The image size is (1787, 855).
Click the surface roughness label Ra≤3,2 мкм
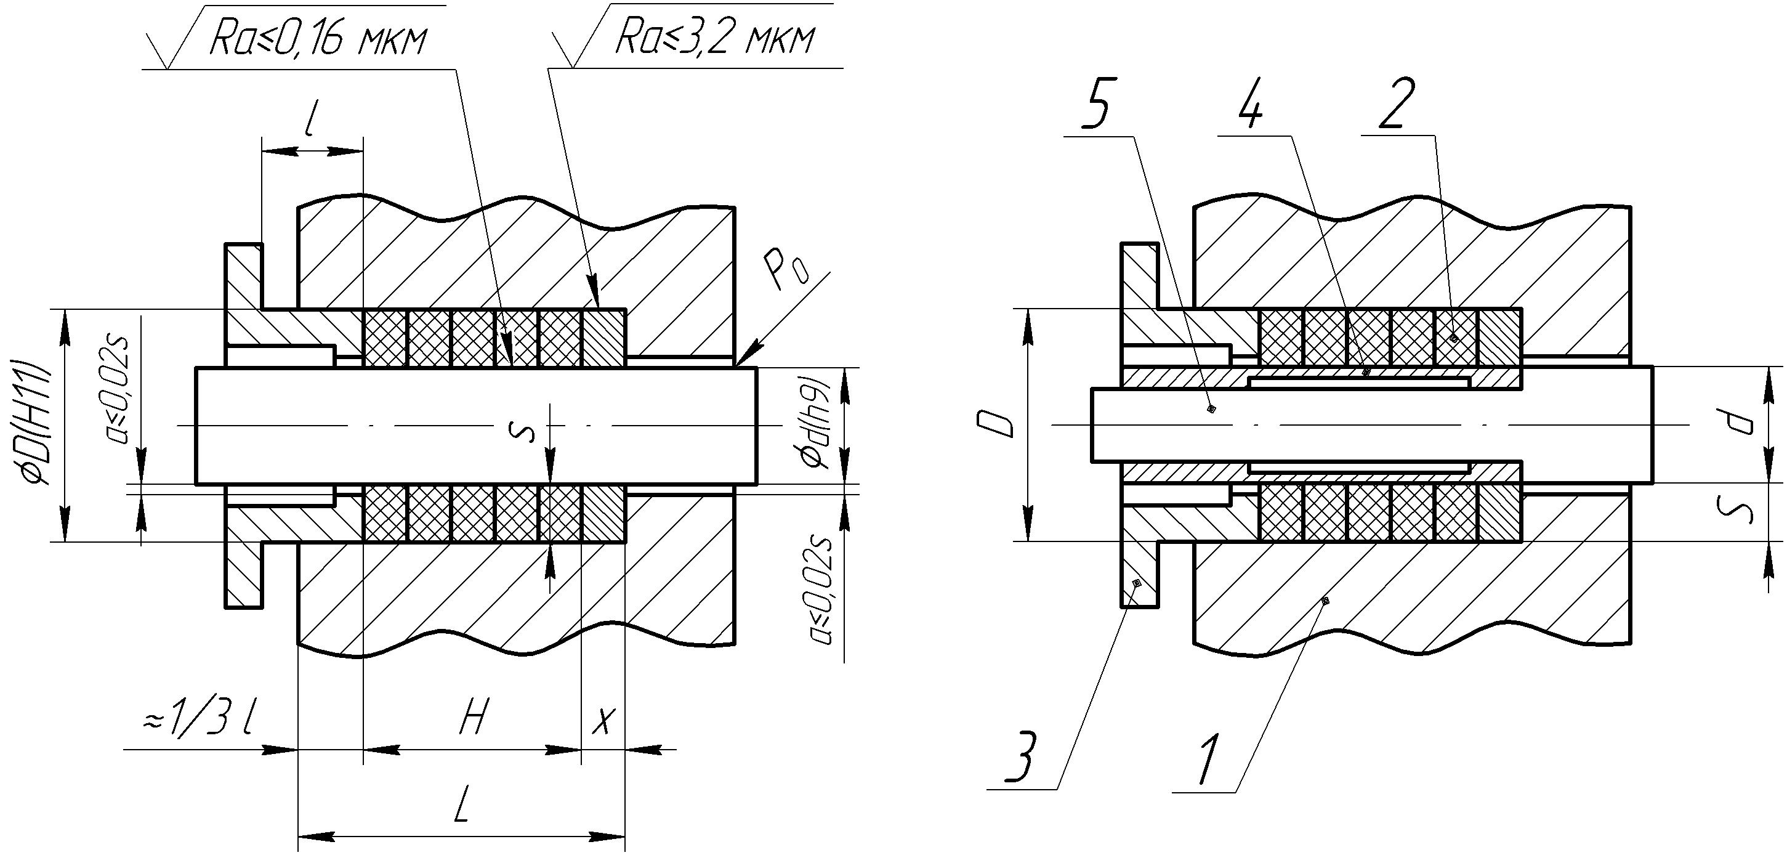tap(714, 40)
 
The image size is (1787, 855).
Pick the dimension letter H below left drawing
tap(474, 717)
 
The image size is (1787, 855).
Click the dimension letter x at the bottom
tap(603, 723)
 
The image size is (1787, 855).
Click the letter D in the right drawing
tap(998, 424)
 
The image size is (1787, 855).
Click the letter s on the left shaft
tap(527, 432)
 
